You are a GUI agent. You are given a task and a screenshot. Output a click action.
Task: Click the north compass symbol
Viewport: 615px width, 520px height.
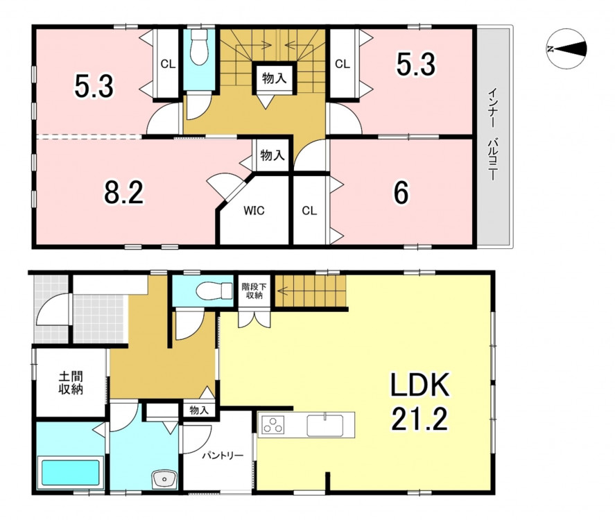pos(566,49)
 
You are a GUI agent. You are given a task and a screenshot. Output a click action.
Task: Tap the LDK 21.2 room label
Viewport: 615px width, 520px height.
pos(419,401)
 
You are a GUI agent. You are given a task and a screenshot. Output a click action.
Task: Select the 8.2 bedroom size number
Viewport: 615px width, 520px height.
pos(124,193)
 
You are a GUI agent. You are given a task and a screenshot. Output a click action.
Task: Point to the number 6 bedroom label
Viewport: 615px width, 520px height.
pos(401,193)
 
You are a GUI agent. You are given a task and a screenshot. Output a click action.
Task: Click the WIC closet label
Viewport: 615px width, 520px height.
pos(254,211)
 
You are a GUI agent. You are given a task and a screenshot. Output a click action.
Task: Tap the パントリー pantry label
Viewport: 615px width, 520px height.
pos(223,456)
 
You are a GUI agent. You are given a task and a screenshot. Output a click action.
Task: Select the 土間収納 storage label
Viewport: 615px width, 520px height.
pos(71,383)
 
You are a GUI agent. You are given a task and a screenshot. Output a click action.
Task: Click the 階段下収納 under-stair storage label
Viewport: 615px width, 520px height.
pos(254,291)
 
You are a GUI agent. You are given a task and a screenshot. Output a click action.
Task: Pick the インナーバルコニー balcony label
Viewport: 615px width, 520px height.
pos(492,135)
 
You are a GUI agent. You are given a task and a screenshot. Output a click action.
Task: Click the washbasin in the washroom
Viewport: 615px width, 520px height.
pos(165,479)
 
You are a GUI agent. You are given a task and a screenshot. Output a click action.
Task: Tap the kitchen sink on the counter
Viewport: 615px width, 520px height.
pos(325,426)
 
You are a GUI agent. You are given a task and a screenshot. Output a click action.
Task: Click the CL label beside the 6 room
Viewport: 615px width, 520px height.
pos(309,211)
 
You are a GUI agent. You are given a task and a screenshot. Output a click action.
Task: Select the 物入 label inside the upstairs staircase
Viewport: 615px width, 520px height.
pos(274,78)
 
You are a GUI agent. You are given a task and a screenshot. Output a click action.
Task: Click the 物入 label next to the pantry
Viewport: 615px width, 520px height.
pos(199,410)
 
